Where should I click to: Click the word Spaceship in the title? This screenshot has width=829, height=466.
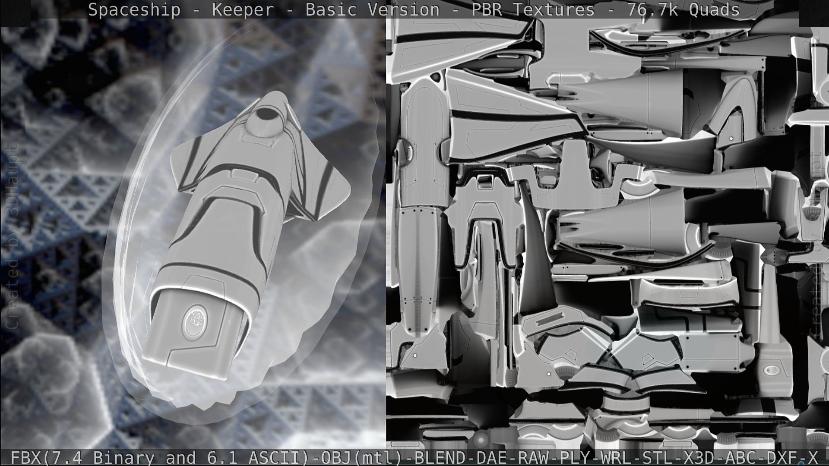(134, 9)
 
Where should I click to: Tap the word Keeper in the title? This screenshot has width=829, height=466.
(243, 9)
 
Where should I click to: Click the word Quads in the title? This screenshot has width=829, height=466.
(714, 9)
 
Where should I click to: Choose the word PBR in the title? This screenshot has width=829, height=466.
(486, 9)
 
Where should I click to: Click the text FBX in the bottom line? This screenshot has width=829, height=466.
(27, 457)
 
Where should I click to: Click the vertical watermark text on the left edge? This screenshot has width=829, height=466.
(12, 237)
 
